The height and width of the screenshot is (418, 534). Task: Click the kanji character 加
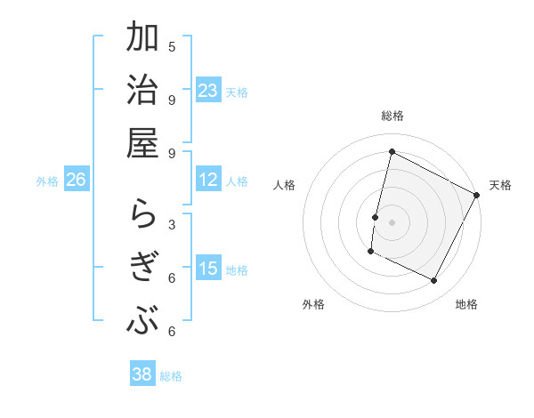[143, 40]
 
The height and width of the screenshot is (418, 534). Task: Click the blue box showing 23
[208, 90]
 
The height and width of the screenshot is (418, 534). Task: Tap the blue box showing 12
[208, 180]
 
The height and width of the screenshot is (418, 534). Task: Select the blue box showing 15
[208, 269]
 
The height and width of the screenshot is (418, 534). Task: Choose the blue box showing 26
[77, 180]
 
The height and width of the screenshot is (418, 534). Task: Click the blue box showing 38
[142, 374]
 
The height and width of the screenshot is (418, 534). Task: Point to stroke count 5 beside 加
[172, 46]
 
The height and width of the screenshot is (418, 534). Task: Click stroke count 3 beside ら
[172, 224]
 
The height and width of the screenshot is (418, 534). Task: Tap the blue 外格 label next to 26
[47, 181]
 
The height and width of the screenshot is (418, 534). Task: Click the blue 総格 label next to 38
[171, 376]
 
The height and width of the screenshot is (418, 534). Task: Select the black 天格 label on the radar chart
[500, 185]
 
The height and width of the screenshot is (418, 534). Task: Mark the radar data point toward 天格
[477, 195]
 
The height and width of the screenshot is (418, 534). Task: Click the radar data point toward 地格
[434, 281]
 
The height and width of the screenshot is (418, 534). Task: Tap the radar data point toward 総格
[392, 152]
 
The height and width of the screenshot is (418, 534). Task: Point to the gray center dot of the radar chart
[392, 221]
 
